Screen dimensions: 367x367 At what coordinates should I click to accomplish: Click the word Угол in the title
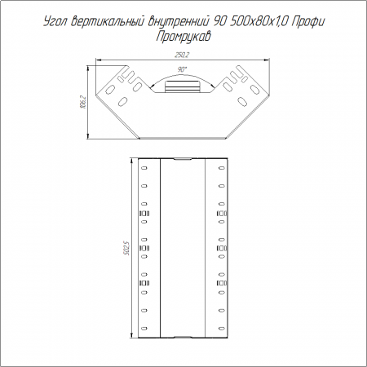[x=55, y=21]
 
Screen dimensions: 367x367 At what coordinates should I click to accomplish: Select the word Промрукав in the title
[x=183, y=37]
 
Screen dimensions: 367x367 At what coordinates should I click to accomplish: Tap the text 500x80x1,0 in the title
[x=259, y=21]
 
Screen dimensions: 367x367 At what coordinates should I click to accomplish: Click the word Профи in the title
[x=308, y=21]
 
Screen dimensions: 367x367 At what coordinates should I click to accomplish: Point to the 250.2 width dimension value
[x=182, y=55]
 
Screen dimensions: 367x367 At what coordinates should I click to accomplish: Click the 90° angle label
[x=183, y=69]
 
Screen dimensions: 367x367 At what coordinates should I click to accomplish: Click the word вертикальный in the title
[x=108, y=21]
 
